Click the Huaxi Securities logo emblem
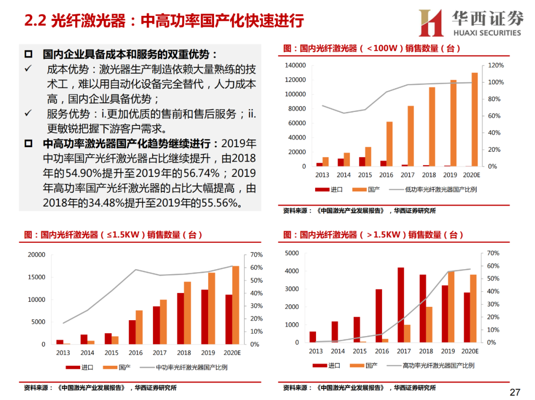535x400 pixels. click(430, 22)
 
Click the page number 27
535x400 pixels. click(515, 392)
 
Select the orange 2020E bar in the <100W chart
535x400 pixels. click(475, 119)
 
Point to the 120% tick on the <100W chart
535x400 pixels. click(496, 65)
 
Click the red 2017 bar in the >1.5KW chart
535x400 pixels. click(400, 305)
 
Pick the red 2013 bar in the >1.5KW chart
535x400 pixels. click(313, 337)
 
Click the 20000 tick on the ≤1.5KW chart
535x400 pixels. click(37, 255)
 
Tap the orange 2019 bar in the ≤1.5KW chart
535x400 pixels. click(212, 308)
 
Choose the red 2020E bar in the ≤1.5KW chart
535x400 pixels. click(228, 320)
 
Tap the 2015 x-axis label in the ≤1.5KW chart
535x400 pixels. click(111, 353)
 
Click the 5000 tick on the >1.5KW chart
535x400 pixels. click(292, 253)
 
